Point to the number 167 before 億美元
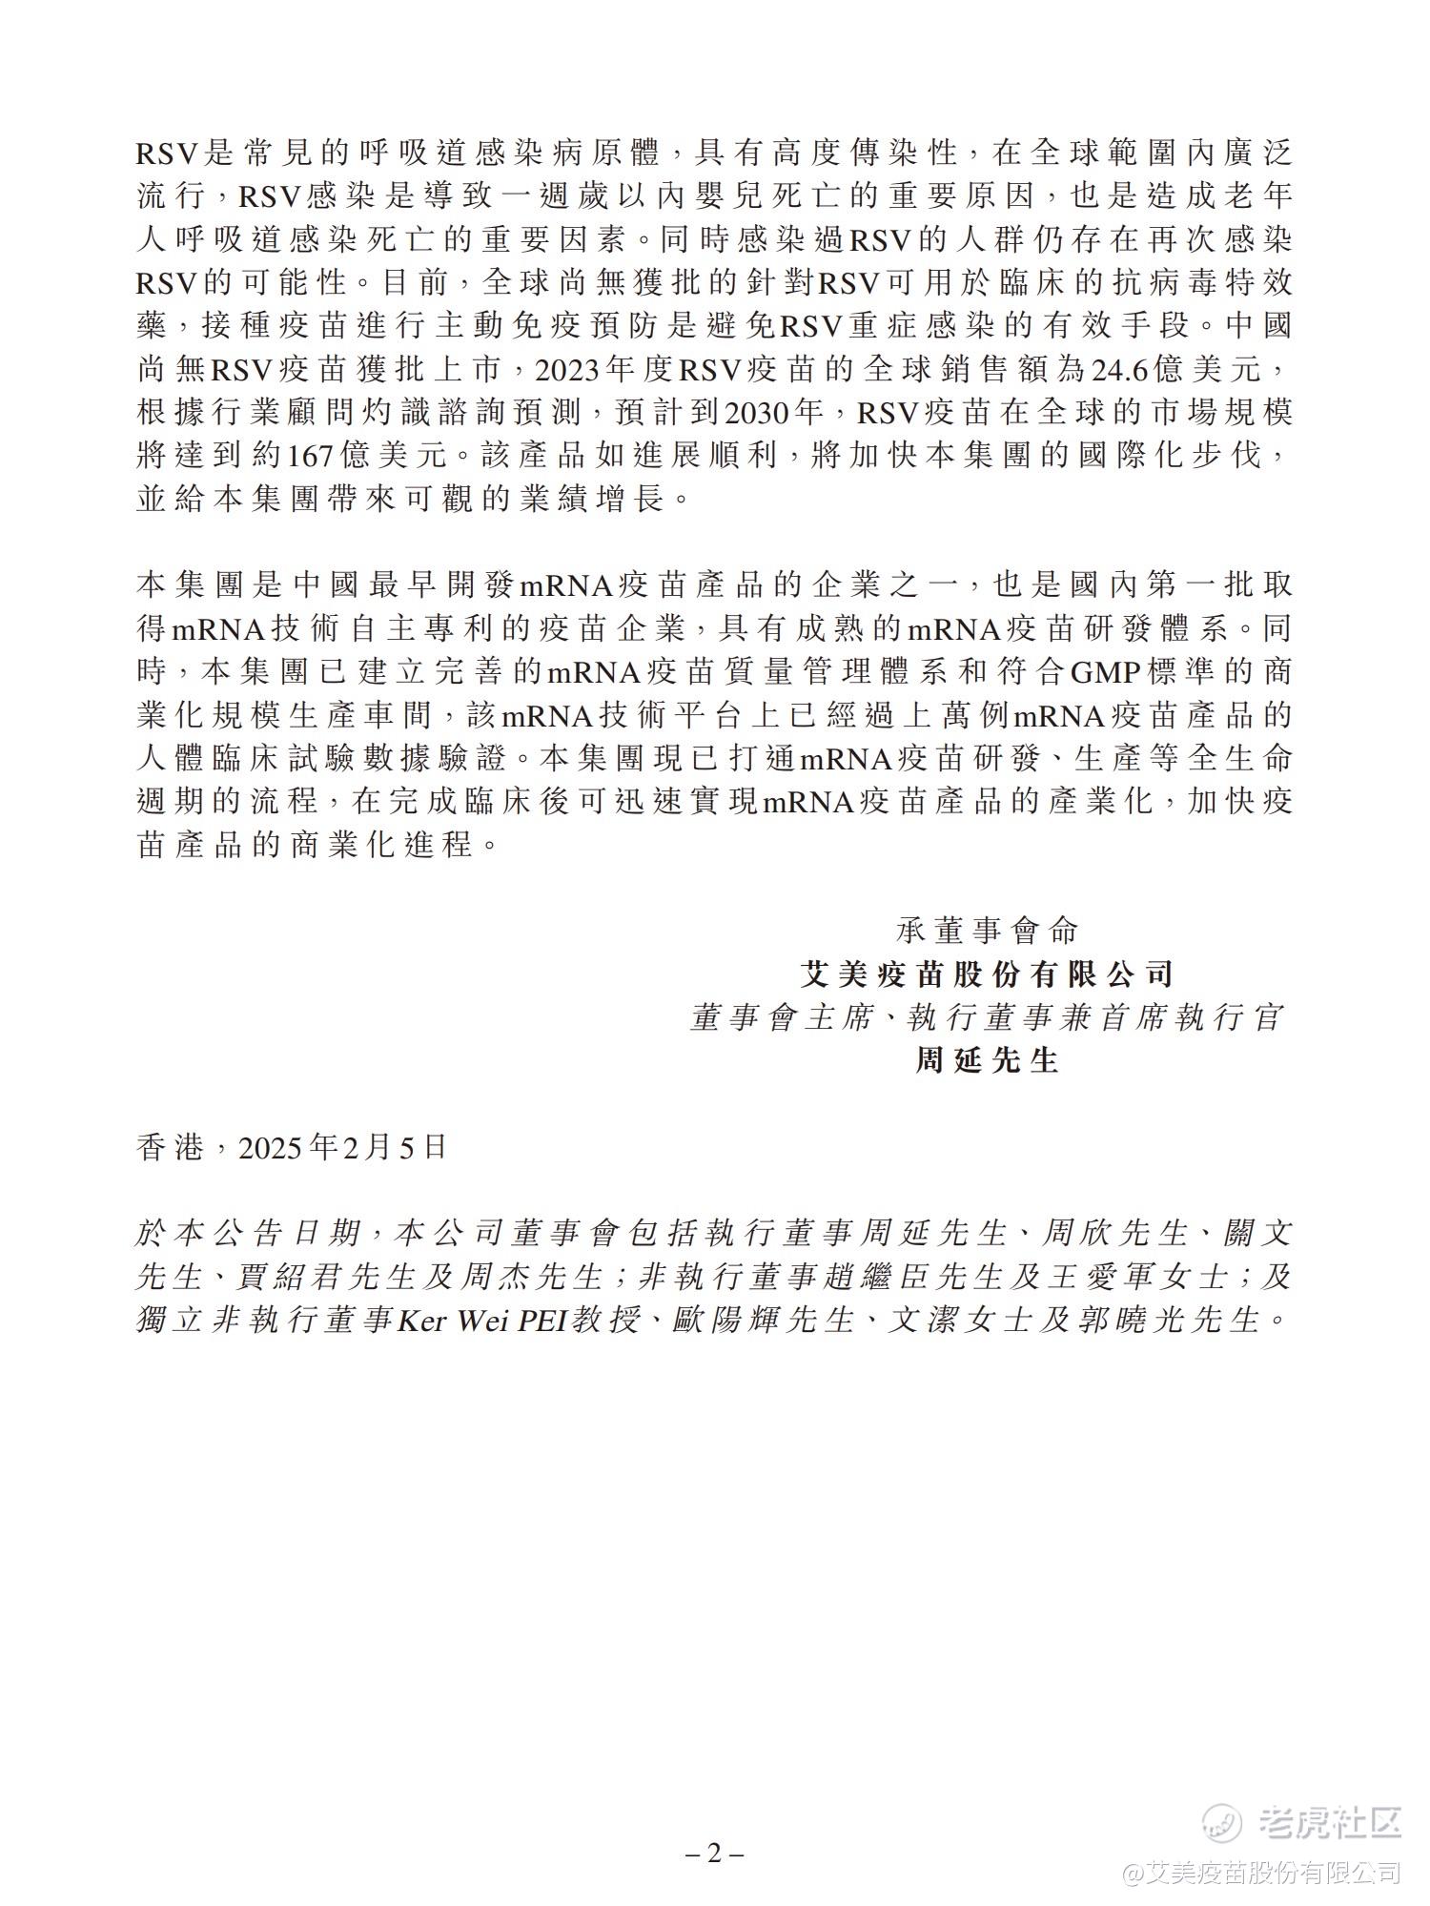pyautogui.click(x=311, y=456)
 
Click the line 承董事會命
pyautogui.click(x=987, y=930)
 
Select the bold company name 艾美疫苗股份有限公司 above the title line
pyautogui.click(x=987, y=973)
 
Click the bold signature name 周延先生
pyautogui.click(x=987, y=1060)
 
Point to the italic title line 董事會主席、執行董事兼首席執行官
pyautogui.click(x=987, y=1017)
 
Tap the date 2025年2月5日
pyautogui.click(x=342, y=1147)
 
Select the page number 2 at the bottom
pyautogui.click(x=714, y=1855)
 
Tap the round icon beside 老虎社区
pyautogui.click(x=1221, y=1823)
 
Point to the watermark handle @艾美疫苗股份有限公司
pyautogui.click(x=1261, y=1872)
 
